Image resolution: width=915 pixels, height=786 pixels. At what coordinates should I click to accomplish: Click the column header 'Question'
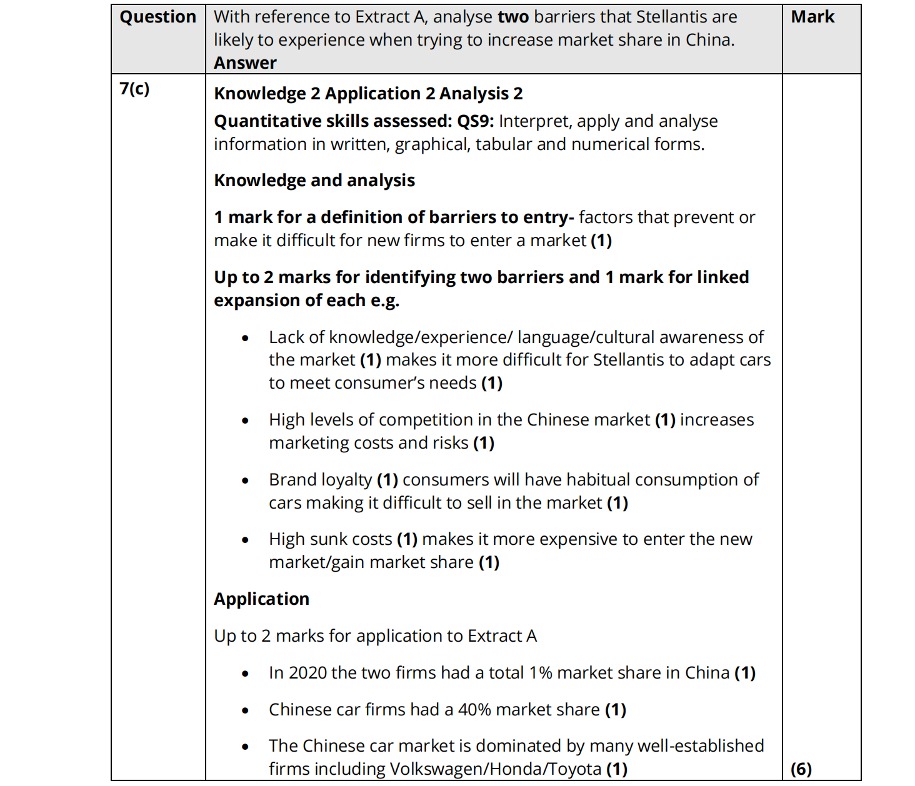point(157,17)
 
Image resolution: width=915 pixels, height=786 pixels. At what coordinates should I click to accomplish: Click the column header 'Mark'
point(812,17)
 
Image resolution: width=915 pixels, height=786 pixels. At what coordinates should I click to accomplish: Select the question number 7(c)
point(134,89)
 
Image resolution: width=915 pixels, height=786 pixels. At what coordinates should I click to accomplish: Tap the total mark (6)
point(801,769)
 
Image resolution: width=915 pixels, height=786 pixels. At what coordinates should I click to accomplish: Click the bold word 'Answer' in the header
point(245,62)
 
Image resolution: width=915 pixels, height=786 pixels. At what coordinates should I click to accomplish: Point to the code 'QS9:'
point(475,121)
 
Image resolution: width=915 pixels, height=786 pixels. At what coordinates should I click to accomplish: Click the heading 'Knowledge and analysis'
point(314,181)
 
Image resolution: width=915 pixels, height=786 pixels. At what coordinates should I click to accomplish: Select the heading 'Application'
point(261,599)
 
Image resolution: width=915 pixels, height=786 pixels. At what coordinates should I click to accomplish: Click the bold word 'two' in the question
point(513,17)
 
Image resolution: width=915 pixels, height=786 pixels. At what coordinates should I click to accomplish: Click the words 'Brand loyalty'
point(320,480)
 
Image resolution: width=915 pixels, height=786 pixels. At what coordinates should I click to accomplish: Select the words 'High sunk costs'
point(330,539)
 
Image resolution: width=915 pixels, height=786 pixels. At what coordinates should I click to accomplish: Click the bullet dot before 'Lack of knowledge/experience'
point(245,338)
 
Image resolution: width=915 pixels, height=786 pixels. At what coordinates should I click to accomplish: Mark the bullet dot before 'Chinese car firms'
point(245,710)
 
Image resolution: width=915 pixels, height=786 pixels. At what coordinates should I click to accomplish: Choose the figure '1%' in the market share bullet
point(541,673)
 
